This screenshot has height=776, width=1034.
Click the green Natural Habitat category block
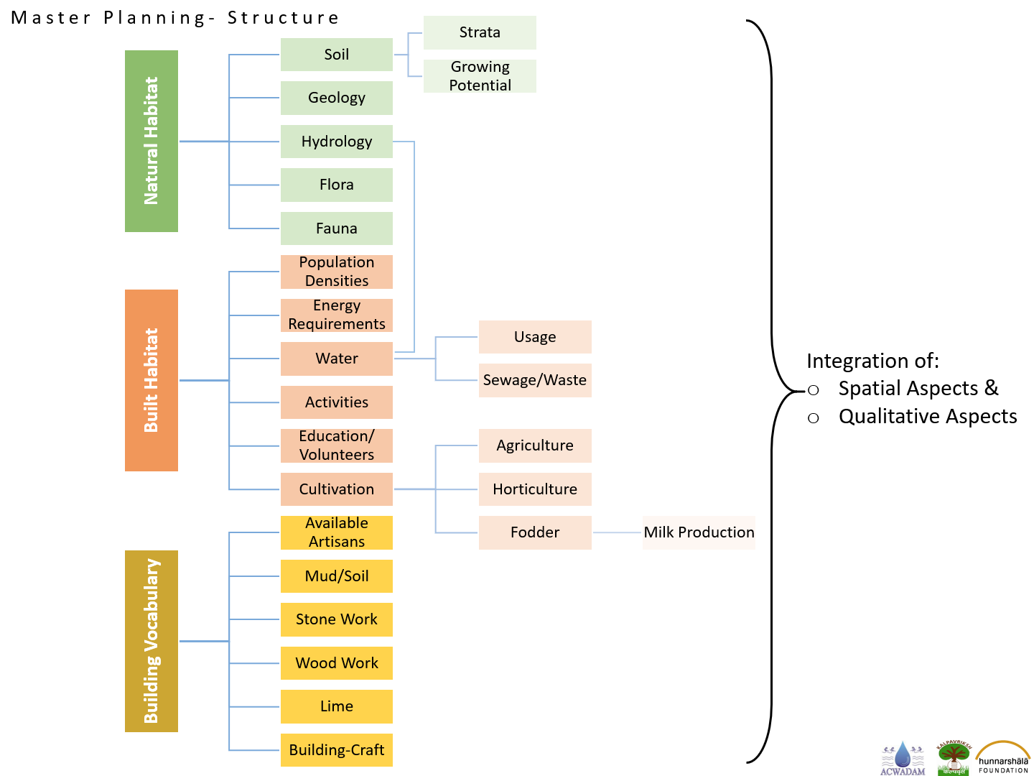[x=152, y=141]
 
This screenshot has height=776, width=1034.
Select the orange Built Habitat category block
[x=152, y=380]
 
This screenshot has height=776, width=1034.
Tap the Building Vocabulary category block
[x=152, y=641]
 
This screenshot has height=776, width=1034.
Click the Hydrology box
[x=336, y=142]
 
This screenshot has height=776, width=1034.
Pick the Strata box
[x=480, y=32]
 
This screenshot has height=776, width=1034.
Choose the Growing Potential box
[x=480, y=76]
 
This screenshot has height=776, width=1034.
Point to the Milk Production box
[x=699, y=532]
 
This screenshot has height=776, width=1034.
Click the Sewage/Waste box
[x=535, y=380]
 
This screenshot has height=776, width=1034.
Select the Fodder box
[x=535, y=532]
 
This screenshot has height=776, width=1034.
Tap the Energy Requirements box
[x=336, y=315]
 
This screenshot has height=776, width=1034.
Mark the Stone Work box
[x=336, y=619]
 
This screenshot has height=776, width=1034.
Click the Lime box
[x=336, y=706]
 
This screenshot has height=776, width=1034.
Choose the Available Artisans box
[x=336, y=532]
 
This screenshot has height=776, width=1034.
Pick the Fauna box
[x=336, y=228]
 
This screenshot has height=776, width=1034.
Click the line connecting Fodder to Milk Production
[x=617, y=532]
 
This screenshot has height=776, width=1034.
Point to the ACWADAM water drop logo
[x=903, y=758]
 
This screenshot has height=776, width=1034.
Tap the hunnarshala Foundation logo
[x=1003, y=757]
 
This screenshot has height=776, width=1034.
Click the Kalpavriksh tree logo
[x=954, y=757]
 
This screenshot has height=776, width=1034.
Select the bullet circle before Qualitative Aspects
[x=813, y=418]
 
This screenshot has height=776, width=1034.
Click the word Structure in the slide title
[x=283, y=18]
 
